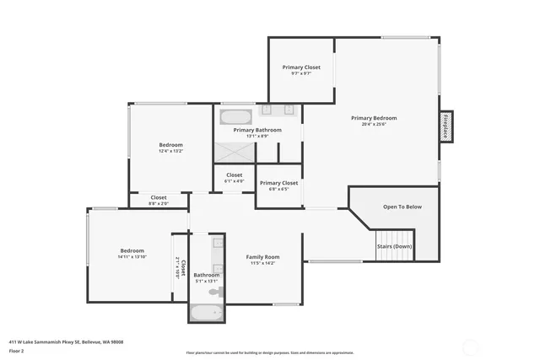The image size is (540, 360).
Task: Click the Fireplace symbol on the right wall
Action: point(445,126)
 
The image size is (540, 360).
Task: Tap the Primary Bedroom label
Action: point(374,118)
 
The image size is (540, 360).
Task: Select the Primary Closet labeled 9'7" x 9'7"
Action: point(301,67)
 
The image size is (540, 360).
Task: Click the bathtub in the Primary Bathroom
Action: point(235,116)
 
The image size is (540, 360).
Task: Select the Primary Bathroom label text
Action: point(257,130)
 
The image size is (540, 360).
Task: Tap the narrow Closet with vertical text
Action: point(178,266)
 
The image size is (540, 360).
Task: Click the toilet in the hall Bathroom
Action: point(216,292)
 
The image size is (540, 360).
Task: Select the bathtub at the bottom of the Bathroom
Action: point(206,313)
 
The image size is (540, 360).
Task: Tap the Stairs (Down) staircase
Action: point(394,246)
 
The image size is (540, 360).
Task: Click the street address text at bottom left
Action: point(66,341)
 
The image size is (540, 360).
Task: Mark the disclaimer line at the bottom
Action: point(270,352)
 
